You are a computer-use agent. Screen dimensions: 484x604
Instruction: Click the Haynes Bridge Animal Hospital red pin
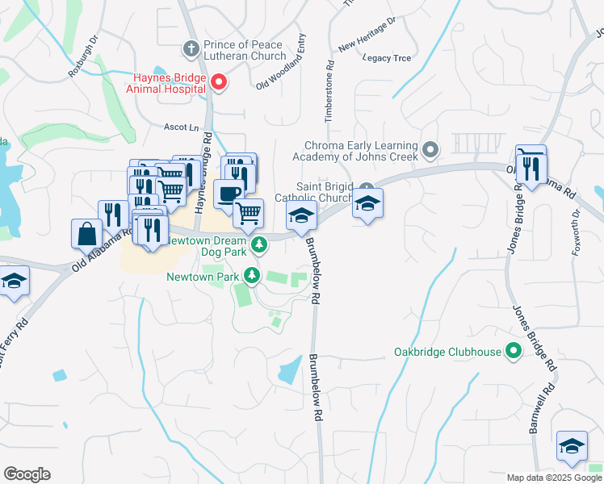coord(218,81)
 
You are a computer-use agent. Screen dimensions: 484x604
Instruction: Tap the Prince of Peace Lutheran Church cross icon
coord(191,48)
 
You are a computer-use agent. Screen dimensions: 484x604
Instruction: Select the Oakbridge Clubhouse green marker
coord(512,352)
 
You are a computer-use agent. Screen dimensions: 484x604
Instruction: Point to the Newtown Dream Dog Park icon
coord(259,243)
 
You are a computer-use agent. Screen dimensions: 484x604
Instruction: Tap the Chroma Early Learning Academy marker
coord(430,148)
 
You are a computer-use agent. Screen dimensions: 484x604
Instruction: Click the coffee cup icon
coord(229,194)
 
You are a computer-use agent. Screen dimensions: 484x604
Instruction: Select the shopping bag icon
coord(86,233)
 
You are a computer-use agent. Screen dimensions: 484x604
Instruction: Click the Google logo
coord(27,474)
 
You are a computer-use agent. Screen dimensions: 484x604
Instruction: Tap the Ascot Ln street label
coord(181,127)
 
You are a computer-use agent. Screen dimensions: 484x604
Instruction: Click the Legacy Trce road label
coord(388,57)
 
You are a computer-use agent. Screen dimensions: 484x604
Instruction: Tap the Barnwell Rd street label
coord(538,411)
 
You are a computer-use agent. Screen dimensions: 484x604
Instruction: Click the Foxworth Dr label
coord(575,232)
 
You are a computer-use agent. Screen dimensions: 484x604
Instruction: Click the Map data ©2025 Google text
coord(555,478)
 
